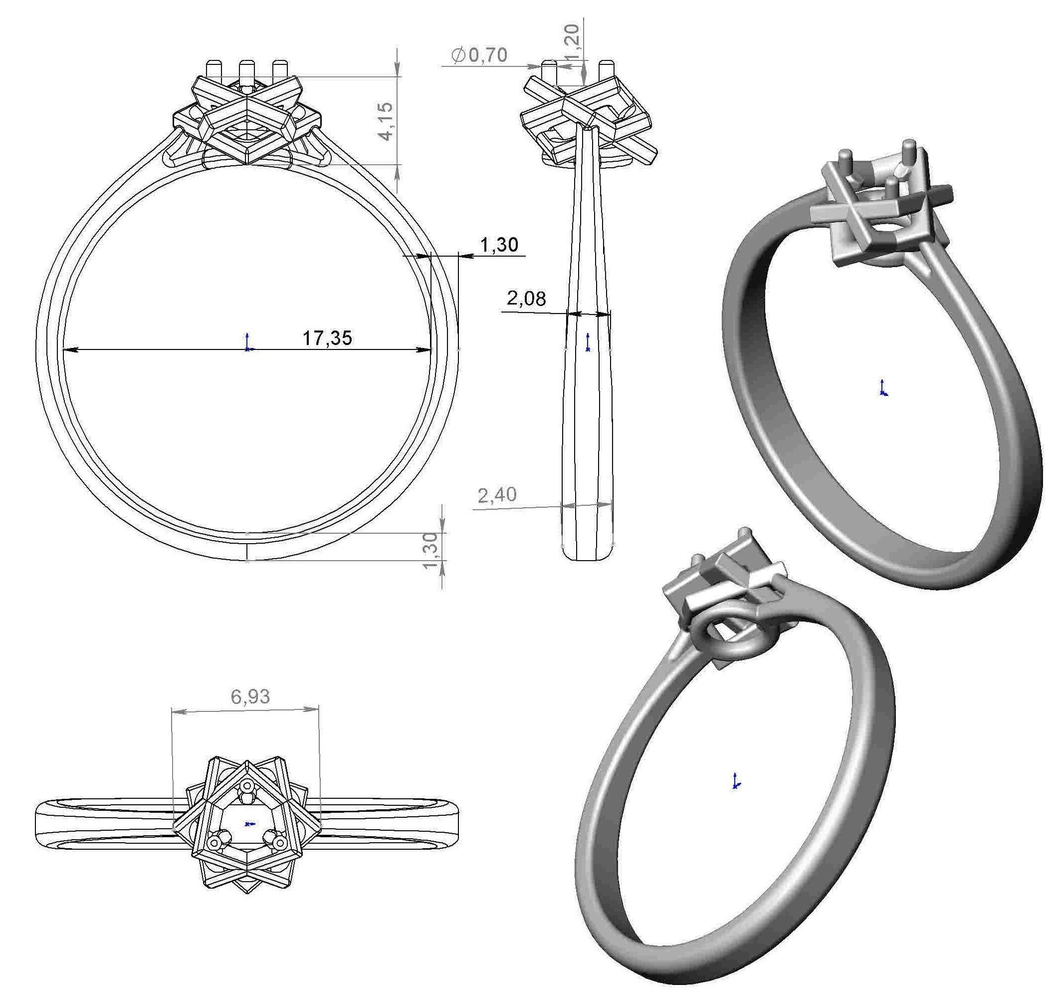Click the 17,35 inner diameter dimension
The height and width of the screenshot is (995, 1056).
(327, 338)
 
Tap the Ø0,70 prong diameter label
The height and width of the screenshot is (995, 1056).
(479, 55)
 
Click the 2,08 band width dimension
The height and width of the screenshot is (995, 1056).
(526, 299)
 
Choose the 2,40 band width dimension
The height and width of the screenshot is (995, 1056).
(497, 495)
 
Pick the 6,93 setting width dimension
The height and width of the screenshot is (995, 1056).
(250, 696)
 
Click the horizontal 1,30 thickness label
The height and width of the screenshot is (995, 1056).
(499, 245)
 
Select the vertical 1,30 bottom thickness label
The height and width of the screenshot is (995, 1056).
(431, 550)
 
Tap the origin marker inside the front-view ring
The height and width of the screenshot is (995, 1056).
(247, 344)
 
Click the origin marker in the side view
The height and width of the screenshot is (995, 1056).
(588, 343)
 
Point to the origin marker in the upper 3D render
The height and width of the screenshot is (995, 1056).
(883, 388)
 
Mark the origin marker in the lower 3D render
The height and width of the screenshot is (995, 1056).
(736, 781)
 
